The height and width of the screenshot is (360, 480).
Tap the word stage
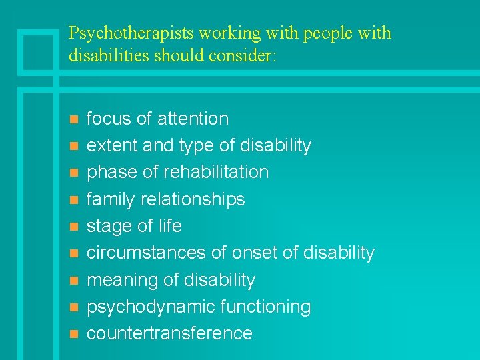pos(109,227)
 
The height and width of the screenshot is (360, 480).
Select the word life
pos(169,226)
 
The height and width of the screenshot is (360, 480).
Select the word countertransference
pos(170,333)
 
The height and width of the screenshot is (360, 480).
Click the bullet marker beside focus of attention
pos(73,119)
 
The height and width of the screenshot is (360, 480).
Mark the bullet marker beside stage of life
pos(73,227)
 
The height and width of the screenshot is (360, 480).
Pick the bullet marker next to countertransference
pos(73,334)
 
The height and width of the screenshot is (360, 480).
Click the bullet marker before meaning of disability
pos(73,281)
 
